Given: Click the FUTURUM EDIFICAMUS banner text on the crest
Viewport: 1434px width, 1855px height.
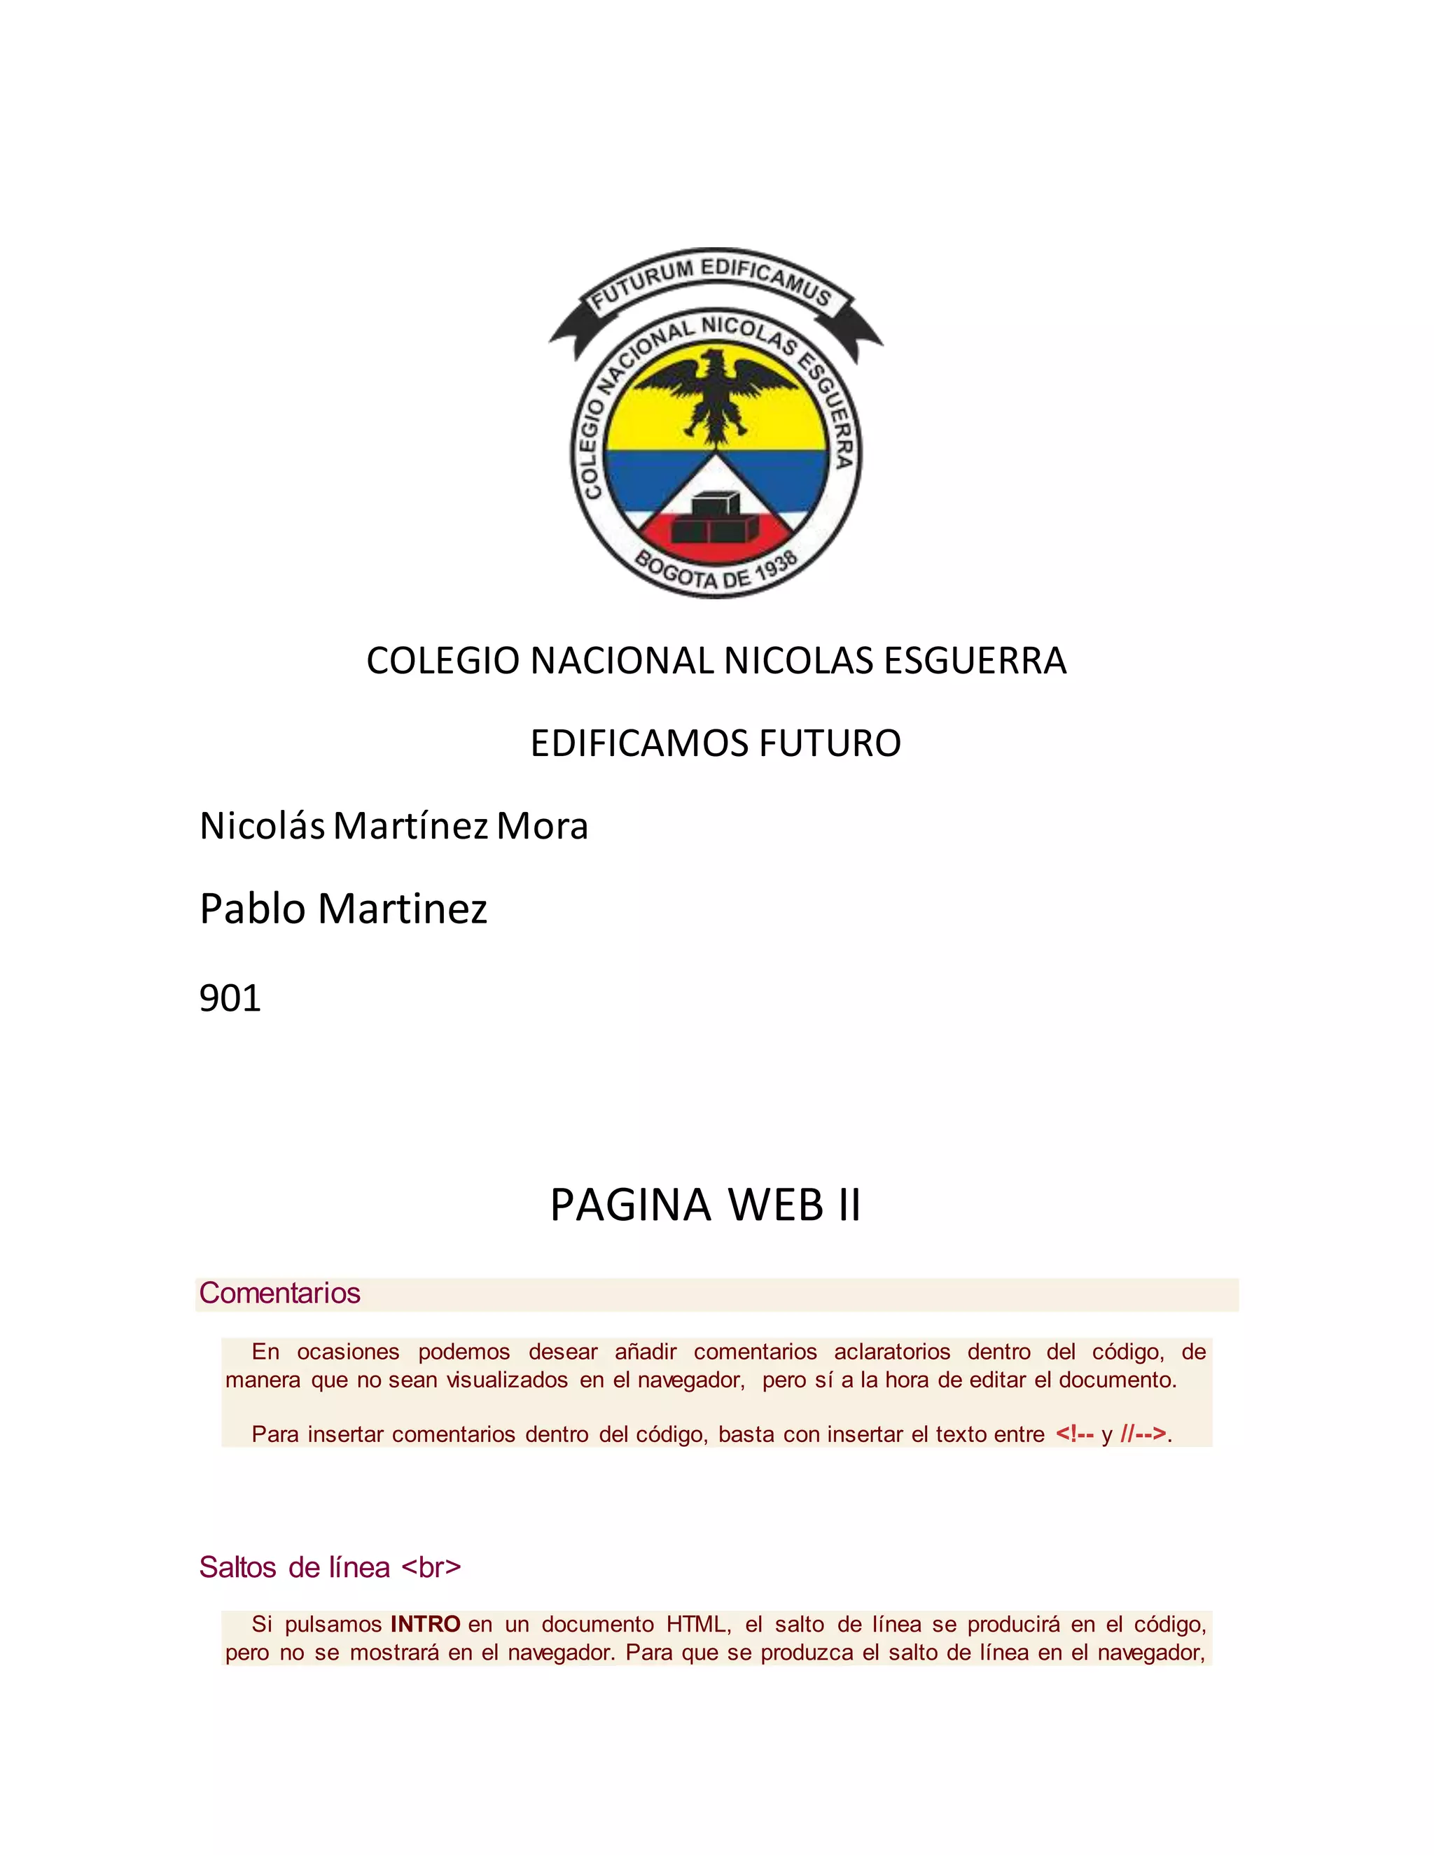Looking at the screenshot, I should [712, 284].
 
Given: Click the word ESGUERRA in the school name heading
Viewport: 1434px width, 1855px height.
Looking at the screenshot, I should [975, 661].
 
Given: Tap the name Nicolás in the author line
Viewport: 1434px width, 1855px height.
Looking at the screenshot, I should [263, 825].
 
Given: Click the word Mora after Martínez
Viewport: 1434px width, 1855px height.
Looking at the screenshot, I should [542, 825].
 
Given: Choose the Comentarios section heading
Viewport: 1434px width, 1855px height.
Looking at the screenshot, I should [279, 1293].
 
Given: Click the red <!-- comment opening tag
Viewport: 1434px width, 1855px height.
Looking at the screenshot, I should [1074, 1434].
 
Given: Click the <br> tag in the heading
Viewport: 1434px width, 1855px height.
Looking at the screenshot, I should [431, 1567].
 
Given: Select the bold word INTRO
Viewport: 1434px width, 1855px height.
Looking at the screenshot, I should [425, 1624].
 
